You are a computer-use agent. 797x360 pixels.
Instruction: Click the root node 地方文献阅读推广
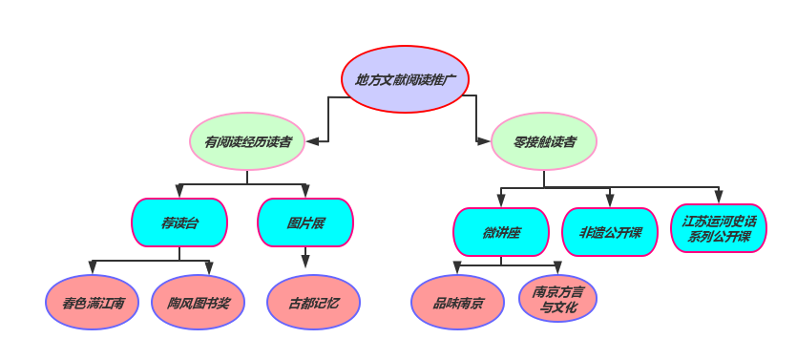click(x=405, y=79)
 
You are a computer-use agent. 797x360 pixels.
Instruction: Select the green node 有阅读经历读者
click(x=247, y=141)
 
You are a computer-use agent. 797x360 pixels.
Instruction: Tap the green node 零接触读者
click(x=544, y=141)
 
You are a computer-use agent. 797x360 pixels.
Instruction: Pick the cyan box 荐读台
click(x=179, y=222)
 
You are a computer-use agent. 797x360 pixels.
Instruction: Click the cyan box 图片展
click(x=305, y=222)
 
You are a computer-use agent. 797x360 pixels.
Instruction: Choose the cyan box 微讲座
click(x=501, y=232)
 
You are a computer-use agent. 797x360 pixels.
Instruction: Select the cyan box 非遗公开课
click(x=610, y=232)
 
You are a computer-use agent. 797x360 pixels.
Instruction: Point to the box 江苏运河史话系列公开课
click(x=719, y=228)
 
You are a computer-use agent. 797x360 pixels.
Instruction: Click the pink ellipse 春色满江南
click(x=93, y=302)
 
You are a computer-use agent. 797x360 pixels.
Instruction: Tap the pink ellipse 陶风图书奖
click(x=199, y=302)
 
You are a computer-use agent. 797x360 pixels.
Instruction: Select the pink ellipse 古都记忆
click(x=314, y=302)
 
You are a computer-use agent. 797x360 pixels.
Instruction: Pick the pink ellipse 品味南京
click(x=457, y=303)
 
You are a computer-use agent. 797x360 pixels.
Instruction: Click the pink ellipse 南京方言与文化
click(x=558, y=299)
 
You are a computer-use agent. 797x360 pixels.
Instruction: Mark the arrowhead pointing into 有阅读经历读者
click(x=312, y=141)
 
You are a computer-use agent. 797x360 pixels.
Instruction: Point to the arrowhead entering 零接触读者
click(x=483, y=141)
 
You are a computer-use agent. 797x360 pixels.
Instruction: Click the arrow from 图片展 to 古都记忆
click(x=305, y=260)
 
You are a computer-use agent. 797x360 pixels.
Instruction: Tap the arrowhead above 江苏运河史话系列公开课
click(x=719, y=196)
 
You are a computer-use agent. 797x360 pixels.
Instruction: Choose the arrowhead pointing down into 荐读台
click(x=179, y=191)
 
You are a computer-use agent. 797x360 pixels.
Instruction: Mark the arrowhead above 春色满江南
click(x=93, y=267)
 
